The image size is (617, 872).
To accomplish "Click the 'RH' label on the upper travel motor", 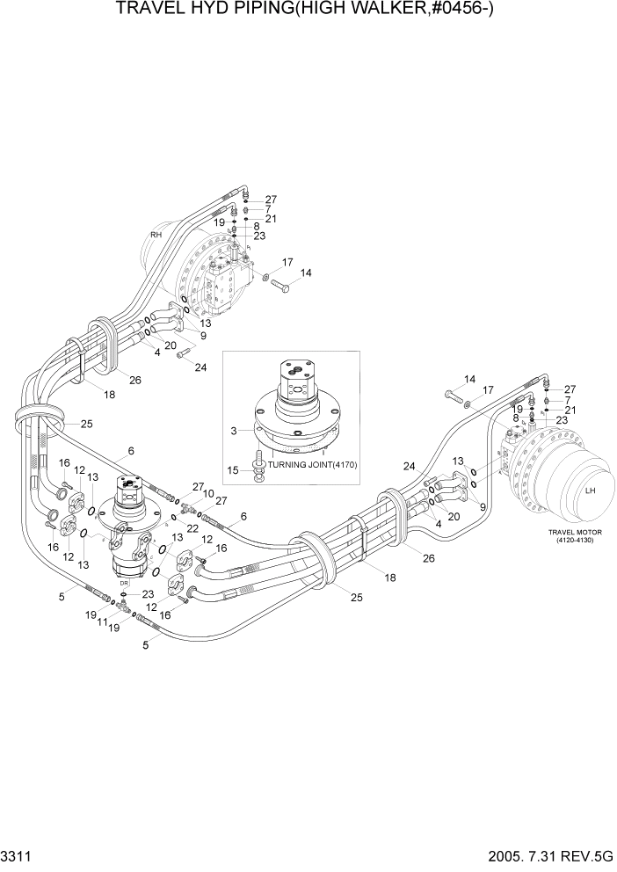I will point(156,235).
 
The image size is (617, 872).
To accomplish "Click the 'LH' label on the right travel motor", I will point(591,489).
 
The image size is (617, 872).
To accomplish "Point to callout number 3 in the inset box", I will point(233,431).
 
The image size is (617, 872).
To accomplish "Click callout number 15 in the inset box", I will point(233,470).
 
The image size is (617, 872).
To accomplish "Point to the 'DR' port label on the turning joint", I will point(125,583).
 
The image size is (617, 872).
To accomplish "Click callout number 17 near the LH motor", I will point(489,389).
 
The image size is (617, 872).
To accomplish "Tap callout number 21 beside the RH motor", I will point(271,218).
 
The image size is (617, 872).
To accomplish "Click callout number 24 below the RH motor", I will point(201,367).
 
